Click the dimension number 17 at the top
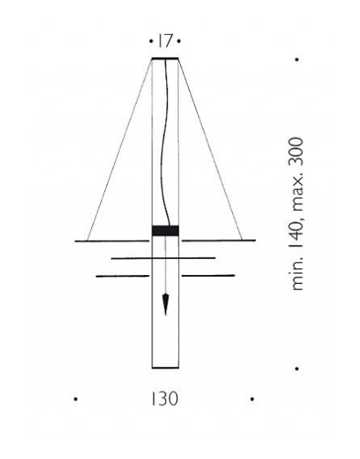pos(165,41)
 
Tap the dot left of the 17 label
pos(151,42)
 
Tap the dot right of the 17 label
pos(179,42)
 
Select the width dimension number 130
pos(165,399)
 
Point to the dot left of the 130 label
pos(76,399)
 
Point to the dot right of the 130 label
pos(252,399)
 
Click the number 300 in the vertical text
pos(296,151)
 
